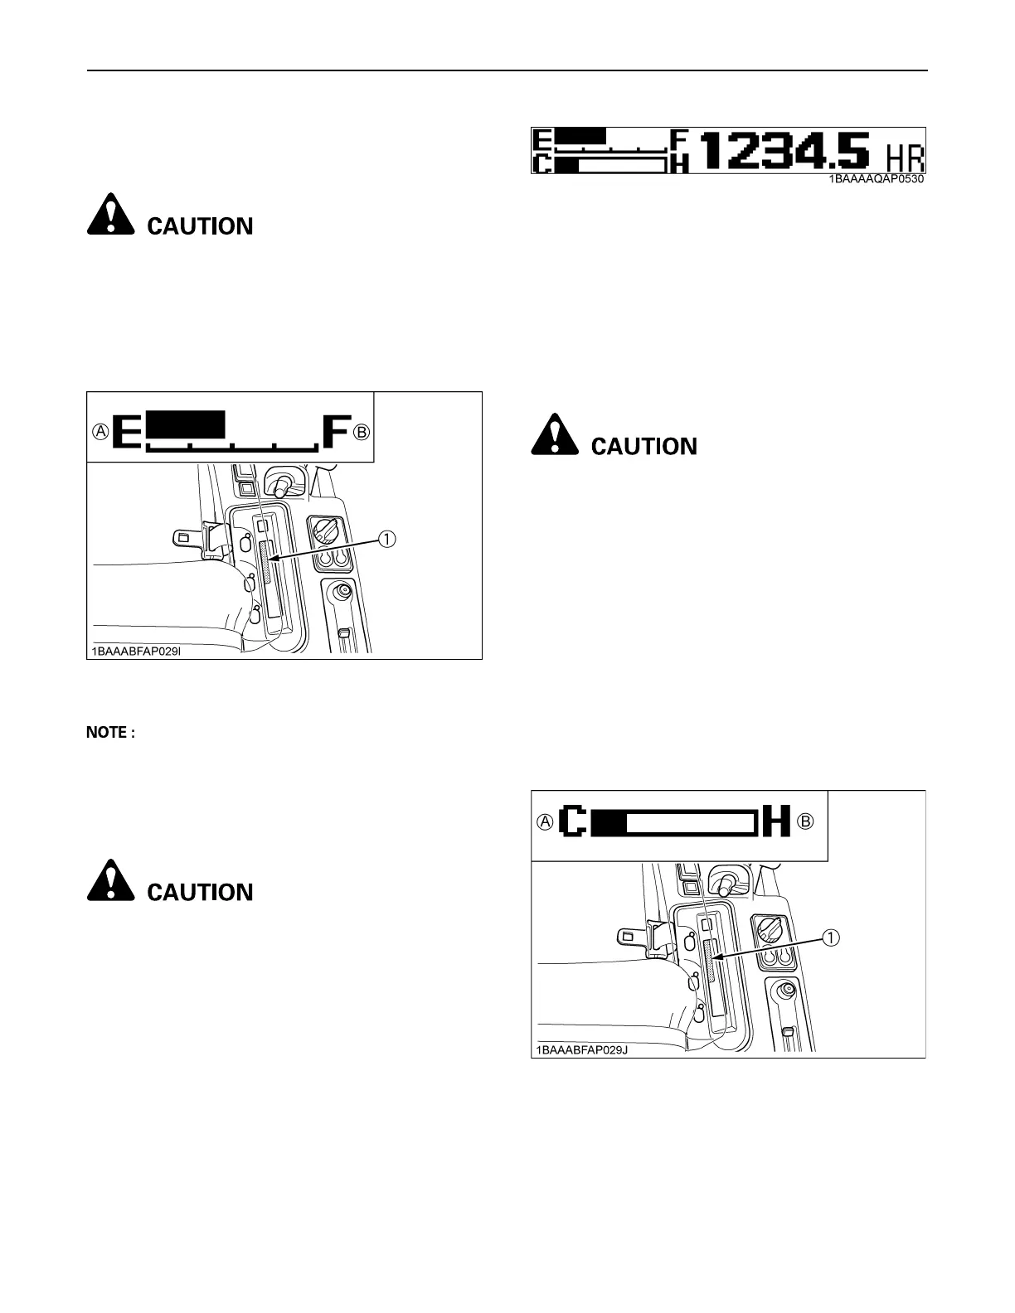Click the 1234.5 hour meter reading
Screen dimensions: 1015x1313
pos(786,152)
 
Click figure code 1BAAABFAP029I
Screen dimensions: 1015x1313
pos(134,651)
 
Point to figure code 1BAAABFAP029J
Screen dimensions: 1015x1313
pos(576,1049)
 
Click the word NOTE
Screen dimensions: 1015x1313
pos(109,733)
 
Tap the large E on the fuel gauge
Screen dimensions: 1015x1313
pos(128,432)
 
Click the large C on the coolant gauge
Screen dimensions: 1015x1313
pos(575,821)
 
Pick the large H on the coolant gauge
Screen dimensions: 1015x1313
pos(777,821)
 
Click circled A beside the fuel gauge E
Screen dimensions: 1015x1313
pos(100,432)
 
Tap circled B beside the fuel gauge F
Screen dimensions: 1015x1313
pos(362,432)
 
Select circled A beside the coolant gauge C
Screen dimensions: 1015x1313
pos(545,821)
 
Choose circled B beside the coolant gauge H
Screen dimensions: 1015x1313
pos(804,821)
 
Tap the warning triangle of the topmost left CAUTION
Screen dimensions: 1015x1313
pos(110,216)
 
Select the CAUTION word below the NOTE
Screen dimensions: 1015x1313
pos(200,892)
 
